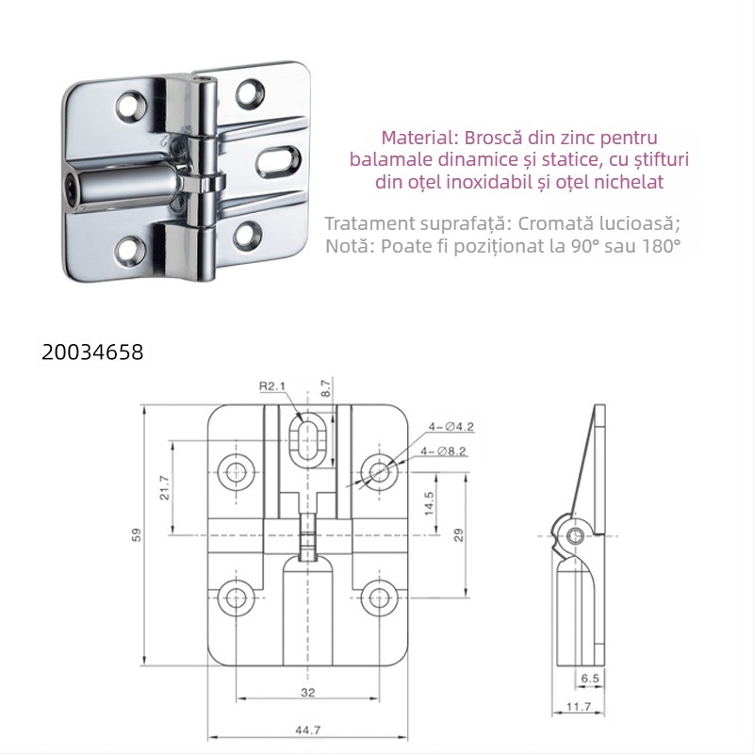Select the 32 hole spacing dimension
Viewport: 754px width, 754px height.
pyautogui.click(x=308, y=693)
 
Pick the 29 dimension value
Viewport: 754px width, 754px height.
pyautogui.click(x=459, y=534)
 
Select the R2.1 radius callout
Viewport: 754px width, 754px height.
pyautogui.click(x=272, y=385)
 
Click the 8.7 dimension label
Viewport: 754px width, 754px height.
pyautogui.click(x=326, y=386)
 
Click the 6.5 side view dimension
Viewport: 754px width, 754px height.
pyautogui.click(x=590, y=678)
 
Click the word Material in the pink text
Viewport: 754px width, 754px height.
pyautogui.click(x=414, y=137)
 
